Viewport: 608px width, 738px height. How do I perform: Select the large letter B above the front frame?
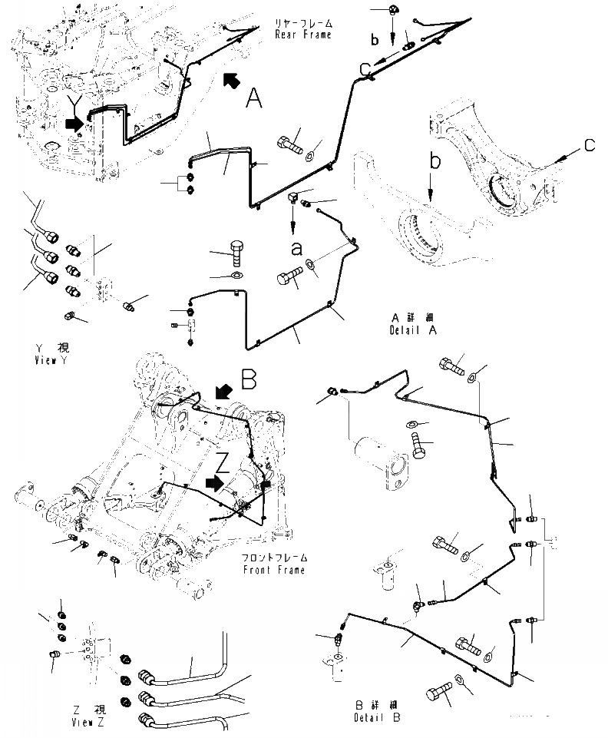pyautogui.click(x=249, y=379)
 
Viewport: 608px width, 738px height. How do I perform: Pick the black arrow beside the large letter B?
pyautogui.click(x=223, y=392)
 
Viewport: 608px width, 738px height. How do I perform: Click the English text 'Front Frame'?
pyautogui.click(x=273, y=570)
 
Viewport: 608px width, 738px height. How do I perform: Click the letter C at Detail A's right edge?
pyautogui.click(x=588, y=144)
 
